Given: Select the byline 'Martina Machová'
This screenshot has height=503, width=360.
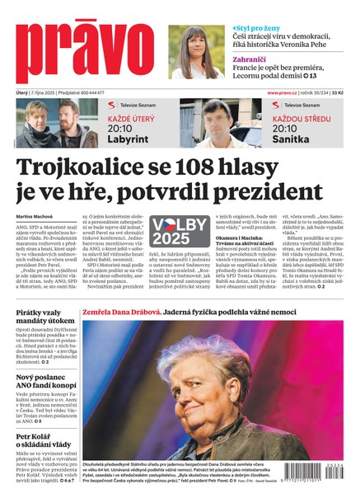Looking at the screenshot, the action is click(x=34, y=216).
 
